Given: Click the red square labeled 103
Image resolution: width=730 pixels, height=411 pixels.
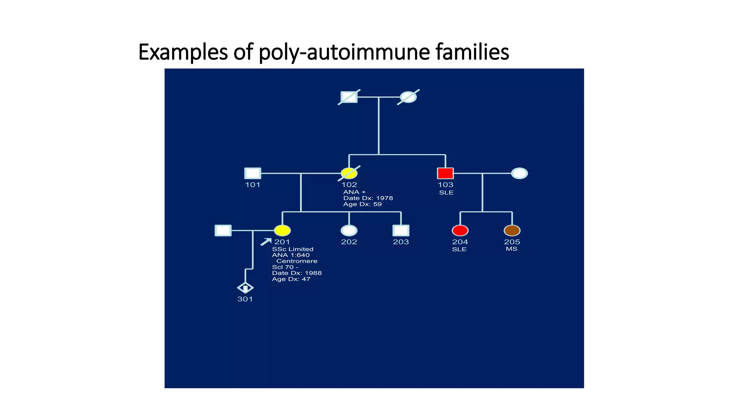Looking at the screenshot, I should (x=445, y=173).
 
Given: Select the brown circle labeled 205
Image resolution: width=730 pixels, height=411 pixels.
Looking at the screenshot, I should (x=512, y=230).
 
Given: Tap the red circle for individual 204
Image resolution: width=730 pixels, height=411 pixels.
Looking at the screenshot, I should (x=460, y=230).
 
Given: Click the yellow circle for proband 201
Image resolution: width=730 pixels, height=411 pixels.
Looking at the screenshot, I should (x=282, y=230).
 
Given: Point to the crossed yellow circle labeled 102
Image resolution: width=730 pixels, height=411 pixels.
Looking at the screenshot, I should (x=349, y=173).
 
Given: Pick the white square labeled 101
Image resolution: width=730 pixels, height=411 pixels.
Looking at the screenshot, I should (x=253, y=173).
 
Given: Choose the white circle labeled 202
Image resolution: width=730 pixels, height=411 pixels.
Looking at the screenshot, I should (x=349, y=230).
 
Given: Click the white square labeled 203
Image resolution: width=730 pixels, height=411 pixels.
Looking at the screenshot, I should (x=401, y=230).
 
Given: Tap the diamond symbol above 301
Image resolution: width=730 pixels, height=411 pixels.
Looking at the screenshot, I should (x=245, y=288).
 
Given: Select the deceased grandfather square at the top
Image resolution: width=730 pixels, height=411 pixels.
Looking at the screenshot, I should (x=349, y=97).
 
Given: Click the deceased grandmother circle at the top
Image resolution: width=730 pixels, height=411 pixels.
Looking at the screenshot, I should (x=408, y=97).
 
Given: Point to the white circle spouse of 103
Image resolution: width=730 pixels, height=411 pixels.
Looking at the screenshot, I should (x=519, y=173).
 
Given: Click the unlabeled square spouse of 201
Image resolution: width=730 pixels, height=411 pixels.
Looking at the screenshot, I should (x=223, y=230).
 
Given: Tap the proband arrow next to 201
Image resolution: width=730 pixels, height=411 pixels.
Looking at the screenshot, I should (x=266, y=242).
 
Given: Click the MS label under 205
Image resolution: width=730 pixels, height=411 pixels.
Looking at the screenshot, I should (x=511, y=249).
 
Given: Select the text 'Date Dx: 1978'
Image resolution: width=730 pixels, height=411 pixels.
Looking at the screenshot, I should (x=368, y=198).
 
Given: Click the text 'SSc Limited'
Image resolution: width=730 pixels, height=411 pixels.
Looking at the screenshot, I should (x=293, y=249).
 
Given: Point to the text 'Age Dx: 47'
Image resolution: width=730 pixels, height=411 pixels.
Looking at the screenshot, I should (x=291, y=279).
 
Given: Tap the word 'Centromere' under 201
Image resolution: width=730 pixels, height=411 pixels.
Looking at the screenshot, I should (x=297, y=261).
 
